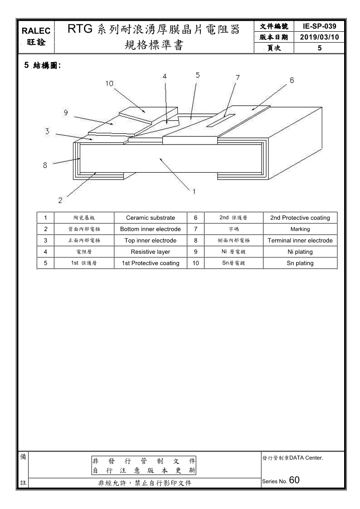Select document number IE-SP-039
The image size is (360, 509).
(x=320, y=26)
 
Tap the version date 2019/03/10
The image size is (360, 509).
(x=320, y=37)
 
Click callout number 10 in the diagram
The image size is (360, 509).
(x=110, y=83)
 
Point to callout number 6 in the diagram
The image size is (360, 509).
(x=292, y=81)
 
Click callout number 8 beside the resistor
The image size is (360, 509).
(x=45, y=165)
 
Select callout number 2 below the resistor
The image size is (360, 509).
(x=60, y=199)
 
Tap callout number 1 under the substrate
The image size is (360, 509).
(x=194, y=191)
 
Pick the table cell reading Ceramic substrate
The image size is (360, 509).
(x=150, y=218)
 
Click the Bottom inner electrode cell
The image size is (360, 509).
(x=150, y=229)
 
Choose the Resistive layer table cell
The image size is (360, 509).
(x=150, y=252)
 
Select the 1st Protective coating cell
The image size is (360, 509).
(x=150, y=263)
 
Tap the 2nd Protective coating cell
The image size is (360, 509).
(x=300, y=218)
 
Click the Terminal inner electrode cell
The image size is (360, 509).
(x=300, y=240)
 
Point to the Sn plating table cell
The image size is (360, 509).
(x=300, y=263)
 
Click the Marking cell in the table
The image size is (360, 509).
(x=300, y=229)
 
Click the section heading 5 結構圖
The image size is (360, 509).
(x=43, y=65)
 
